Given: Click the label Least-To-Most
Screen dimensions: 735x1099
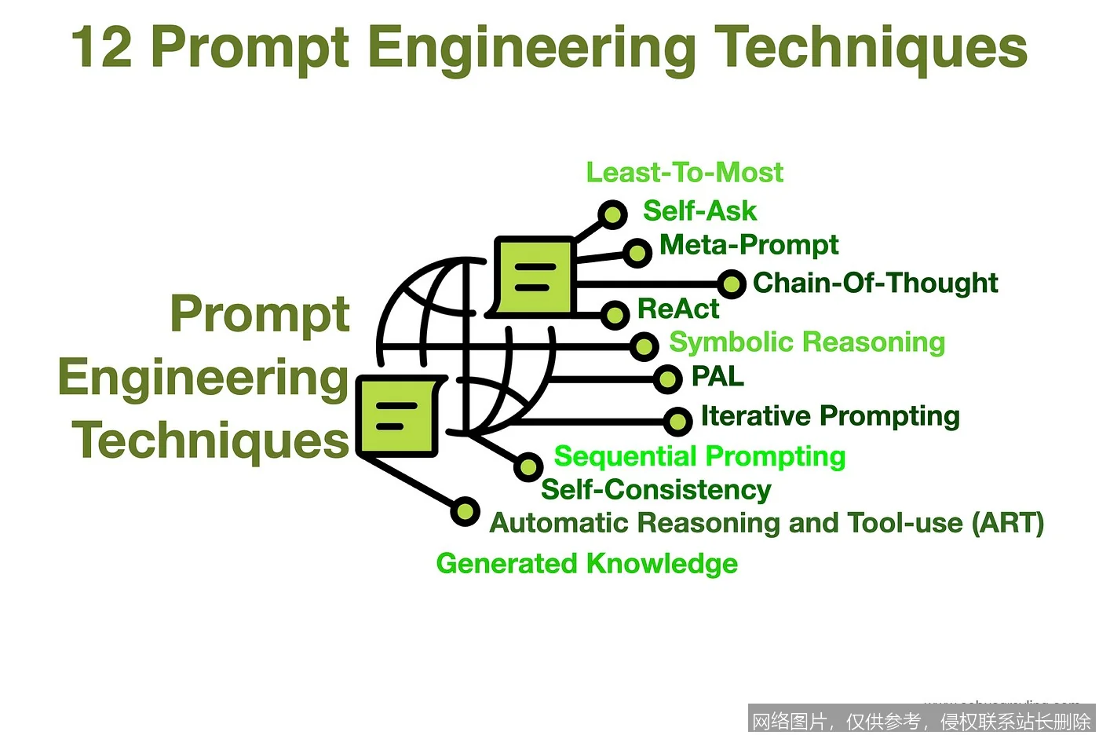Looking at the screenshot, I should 685,173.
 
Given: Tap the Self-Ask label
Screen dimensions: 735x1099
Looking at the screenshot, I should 699,211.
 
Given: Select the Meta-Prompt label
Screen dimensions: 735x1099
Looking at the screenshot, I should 749,245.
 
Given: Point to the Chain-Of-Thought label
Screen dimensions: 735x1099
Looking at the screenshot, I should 875,283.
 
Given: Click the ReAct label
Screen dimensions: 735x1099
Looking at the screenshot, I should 678,309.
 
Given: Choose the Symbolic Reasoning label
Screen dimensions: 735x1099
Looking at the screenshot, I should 807,342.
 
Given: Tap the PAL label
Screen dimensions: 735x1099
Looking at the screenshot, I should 717,377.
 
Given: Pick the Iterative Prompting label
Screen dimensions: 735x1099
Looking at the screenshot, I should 830,415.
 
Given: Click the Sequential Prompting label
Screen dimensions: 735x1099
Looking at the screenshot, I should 699,456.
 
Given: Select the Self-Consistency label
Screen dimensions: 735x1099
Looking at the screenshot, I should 656,490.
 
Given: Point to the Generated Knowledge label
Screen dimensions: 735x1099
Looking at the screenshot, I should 586,564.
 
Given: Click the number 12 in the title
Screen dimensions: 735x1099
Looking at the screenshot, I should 102,47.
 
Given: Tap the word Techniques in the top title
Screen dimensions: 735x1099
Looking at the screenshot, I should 871,47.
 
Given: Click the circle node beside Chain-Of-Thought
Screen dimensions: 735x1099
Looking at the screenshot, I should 731,283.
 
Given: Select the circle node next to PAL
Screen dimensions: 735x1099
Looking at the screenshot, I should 667,380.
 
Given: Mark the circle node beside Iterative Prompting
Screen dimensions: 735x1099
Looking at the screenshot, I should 677,421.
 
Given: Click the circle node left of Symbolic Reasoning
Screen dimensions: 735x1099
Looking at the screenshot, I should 644,346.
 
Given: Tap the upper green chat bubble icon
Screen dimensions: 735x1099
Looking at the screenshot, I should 534,276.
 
